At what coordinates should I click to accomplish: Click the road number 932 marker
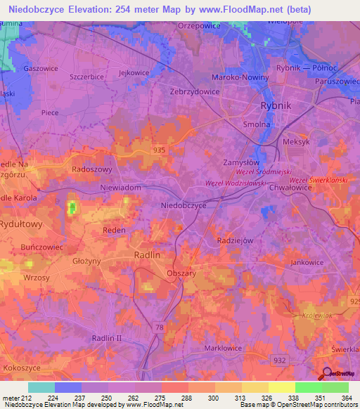point(280,359)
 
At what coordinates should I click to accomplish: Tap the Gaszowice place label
point(40,69)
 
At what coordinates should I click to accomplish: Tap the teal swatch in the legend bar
point(41,387)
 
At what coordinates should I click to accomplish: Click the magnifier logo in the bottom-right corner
point(326,373)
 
